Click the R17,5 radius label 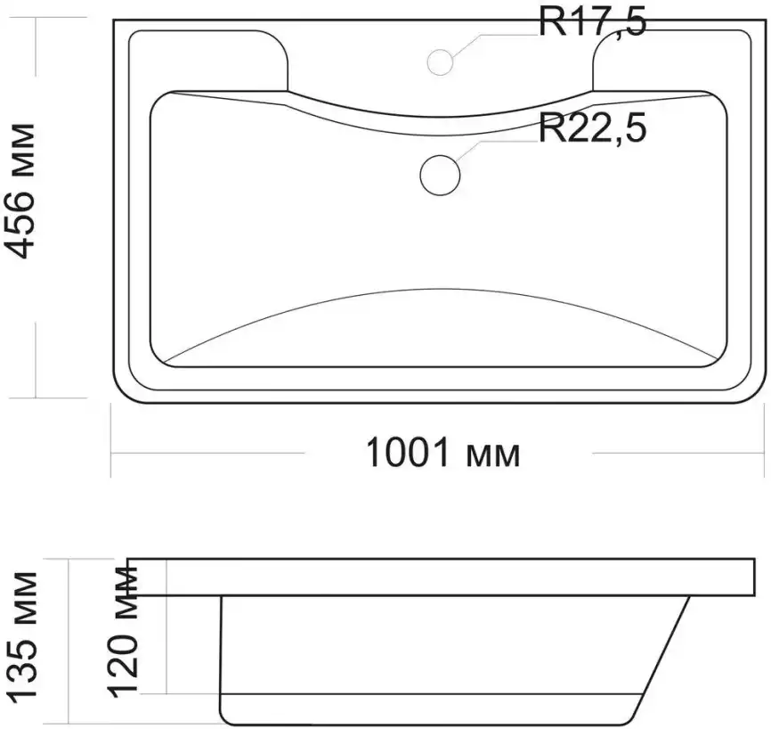[x=593, y=23]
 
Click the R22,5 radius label [x=593, y=127]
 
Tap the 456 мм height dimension [x=20, y=191]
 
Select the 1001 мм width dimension [x=443, y=453]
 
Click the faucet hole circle [x=440, y=62]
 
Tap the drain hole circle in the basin [x=440, y=175]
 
